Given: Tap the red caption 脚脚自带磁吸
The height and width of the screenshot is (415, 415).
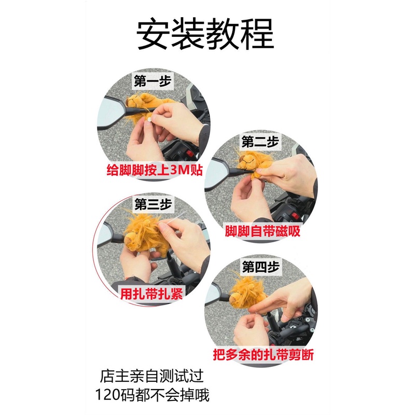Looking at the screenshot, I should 262,231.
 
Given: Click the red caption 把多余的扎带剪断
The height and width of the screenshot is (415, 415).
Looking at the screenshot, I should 263,355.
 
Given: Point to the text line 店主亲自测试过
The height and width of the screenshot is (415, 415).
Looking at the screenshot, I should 154,375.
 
